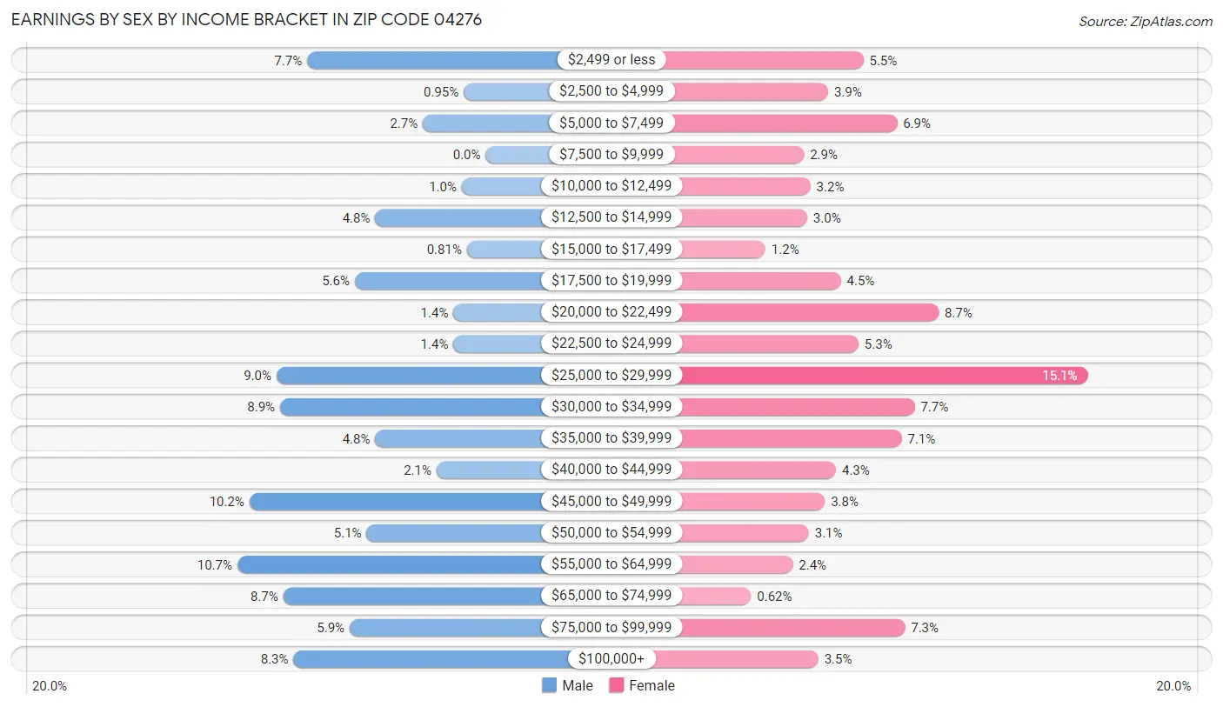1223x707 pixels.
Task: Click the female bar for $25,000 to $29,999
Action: click(883, 376)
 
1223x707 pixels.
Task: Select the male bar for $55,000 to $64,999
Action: click(391, 564)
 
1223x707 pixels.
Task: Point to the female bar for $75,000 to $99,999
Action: click(792, 627)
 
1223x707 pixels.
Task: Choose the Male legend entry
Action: click(567, 685)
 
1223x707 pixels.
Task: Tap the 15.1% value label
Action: click(1059, 376)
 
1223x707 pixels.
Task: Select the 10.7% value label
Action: click(214, 564)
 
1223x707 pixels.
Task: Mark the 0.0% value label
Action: click(466, 155)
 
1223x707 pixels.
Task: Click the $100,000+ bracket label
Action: click(611, 659)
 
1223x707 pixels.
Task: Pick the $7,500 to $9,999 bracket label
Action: click(611, 155)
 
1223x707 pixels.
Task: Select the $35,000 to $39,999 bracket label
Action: click(611, 438)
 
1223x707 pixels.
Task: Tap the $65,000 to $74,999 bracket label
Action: click(611, 596)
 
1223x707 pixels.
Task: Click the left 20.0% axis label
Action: click(50, 685)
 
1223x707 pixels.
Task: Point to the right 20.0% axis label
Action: click(1173, 685)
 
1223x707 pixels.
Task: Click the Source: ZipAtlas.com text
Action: click(1145, 21)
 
